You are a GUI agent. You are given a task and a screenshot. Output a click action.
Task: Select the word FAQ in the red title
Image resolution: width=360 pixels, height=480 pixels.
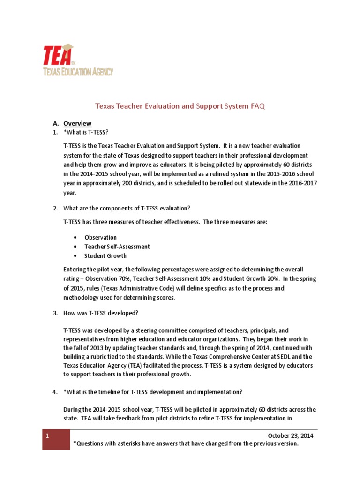point(258,106)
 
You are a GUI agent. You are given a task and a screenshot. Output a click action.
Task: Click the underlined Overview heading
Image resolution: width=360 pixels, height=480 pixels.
point(77,123)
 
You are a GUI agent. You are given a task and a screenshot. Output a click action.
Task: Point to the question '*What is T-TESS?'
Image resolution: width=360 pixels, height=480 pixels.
point(89,133)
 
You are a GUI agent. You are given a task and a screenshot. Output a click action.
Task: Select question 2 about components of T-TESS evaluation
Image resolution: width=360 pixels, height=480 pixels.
point(127,208)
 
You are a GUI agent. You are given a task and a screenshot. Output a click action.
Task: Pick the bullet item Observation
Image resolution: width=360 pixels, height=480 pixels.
point(100,237)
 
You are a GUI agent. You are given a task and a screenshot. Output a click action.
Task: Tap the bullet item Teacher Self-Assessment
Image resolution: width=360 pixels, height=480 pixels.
point(117,247)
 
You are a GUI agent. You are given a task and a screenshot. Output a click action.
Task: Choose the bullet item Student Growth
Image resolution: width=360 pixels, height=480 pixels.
point(105,256)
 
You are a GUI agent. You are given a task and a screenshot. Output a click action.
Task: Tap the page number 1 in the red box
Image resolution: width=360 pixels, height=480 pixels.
point(47,435)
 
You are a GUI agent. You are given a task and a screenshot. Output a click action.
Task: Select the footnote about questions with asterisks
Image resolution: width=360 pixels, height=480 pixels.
point(186,443)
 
